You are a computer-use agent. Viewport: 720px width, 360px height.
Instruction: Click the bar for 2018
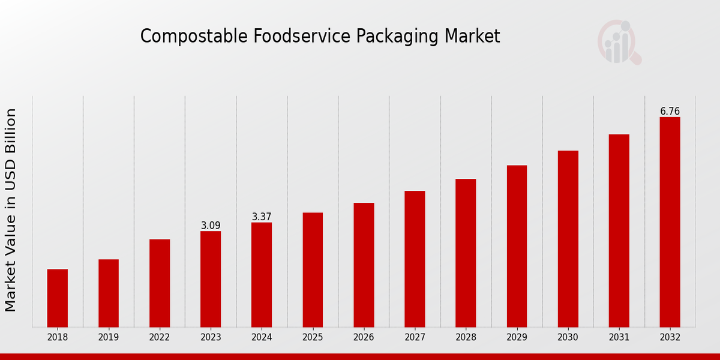point(58,298)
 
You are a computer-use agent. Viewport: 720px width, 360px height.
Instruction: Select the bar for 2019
point(109,293)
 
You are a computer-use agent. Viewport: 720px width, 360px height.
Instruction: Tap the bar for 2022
point(160,283)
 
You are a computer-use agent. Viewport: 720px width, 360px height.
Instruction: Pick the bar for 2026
point(364,265)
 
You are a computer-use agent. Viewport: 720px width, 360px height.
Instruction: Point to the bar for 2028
point(466,253)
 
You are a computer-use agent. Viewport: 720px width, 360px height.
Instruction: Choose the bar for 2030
point(568,239)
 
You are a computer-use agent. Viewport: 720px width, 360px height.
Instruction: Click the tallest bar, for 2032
point(670,222)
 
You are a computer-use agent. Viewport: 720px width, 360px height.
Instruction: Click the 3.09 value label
point(211,226)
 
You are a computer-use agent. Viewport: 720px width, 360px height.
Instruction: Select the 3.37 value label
point(262,217)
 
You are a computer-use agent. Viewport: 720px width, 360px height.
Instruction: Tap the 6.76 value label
point(670,112)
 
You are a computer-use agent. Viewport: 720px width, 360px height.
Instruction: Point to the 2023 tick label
point(211,338)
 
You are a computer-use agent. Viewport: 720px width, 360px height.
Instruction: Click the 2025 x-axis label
point(313,338)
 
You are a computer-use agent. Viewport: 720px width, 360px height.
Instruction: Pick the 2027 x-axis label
point(415,338)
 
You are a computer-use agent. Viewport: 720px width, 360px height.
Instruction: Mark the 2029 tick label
point(517,338)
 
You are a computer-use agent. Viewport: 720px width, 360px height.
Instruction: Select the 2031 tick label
point(619,338)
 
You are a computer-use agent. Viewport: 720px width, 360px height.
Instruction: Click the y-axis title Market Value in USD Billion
point(11,210)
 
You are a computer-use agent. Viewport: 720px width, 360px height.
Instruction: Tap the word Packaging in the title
point(397,37)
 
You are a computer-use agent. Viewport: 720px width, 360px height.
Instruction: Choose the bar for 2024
point(262,275)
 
